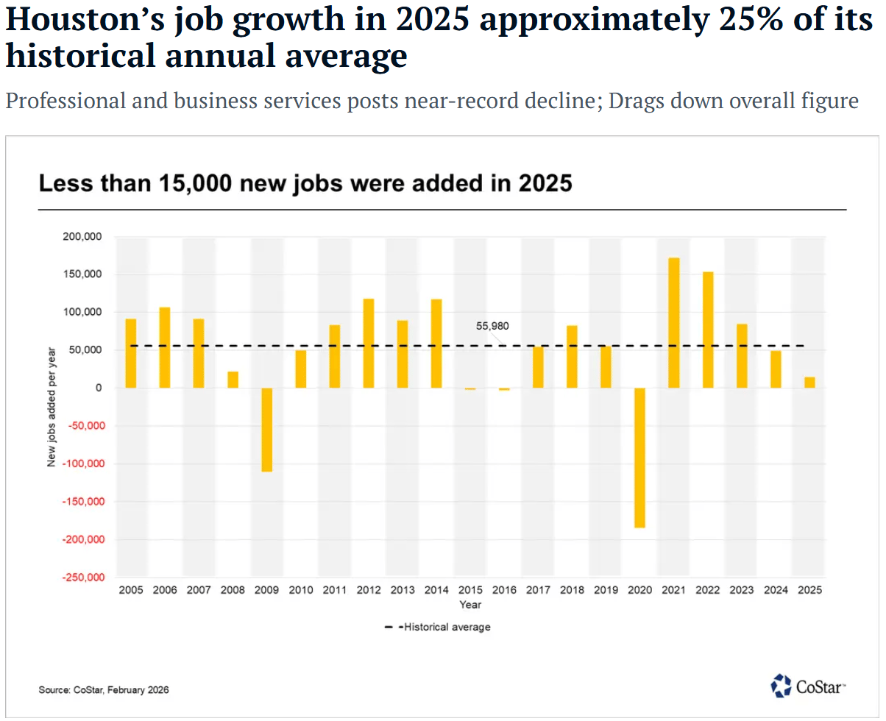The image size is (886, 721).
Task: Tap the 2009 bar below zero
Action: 266,430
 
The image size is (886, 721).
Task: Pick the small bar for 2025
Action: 809,383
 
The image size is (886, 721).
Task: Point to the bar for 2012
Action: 368,343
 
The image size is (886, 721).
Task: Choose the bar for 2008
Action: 233,380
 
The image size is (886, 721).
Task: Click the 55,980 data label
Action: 492,326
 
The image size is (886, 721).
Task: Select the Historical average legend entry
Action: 437,628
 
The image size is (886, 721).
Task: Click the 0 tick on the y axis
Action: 99,388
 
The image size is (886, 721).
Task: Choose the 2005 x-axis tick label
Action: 131,590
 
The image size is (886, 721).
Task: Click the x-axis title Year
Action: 470,605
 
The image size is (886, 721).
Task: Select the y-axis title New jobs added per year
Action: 52,408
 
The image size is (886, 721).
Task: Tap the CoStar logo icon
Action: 781,685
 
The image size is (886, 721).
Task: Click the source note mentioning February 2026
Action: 104,690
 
